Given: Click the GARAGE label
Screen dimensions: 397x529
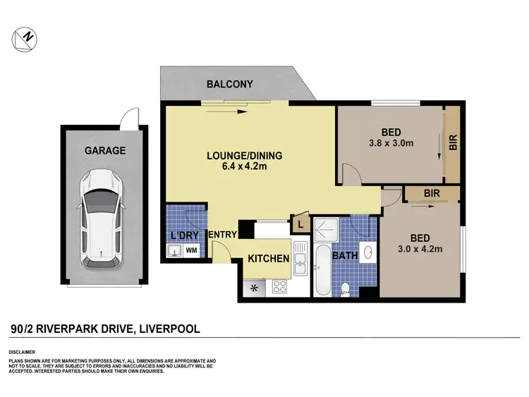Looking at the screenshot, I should point(105,150).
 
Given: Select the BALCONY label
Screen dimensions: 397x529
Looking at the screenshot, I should point(229,85).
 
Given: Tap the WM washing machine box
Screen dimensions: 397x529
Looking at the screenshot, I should point(191,250).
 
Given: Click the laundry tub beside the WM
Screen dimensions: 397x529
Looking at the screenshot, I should point(174,250).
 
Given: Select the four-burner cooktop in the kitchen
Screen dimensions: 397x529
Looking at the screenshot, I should point(278,287).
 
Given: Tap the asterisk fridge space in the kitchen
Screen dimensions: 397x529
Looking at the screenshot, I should point(253,287).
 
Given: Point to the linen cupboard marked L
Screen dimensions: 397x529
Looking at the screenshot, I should point(301,224).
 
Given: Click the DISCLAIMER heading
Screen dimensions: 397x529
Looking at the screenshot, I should point(22,350).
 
